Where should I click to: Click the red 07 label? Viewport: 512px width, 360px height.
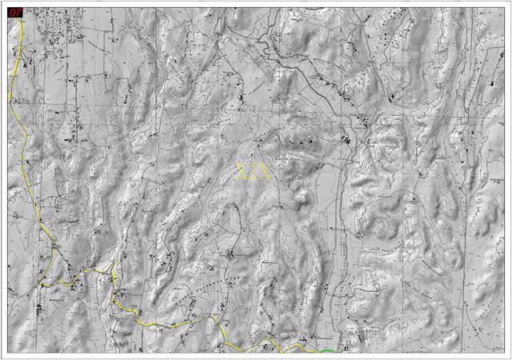pyautogui.click(x=15, y=13)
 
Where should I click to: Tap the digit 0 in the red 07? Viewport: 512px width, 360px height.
pyautogui.click(x=12, y=13)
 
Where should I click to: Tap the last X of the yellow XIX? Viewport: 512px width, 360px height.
pyautogui.click(x=265, y=170)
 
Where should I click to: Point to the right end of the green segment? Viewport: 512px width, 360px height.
pyautogui.click(x=338, y=350)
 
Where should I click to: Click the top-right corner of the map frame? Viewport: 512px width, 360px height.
pyautogui.click(x=505, y=7)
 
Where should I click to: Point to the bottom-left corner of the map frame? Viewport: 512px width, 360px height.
pyautogui.click(x=7, y=353)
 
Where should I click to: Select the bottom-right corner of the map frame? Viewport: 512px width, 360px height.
pyautogui.click(x=505, y=353)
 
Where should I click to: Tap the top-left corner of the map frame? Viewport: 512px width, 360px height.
pyautogui.click(x=7, y=7)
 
